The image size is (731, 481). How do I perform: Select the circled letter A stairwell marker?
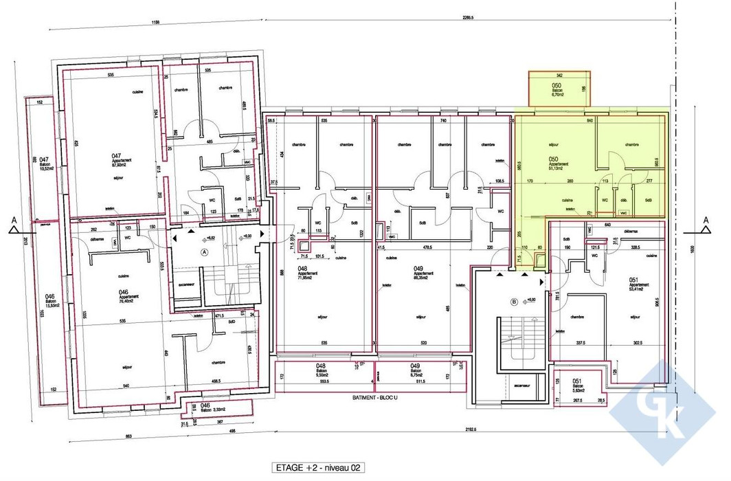coord(204,252)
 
